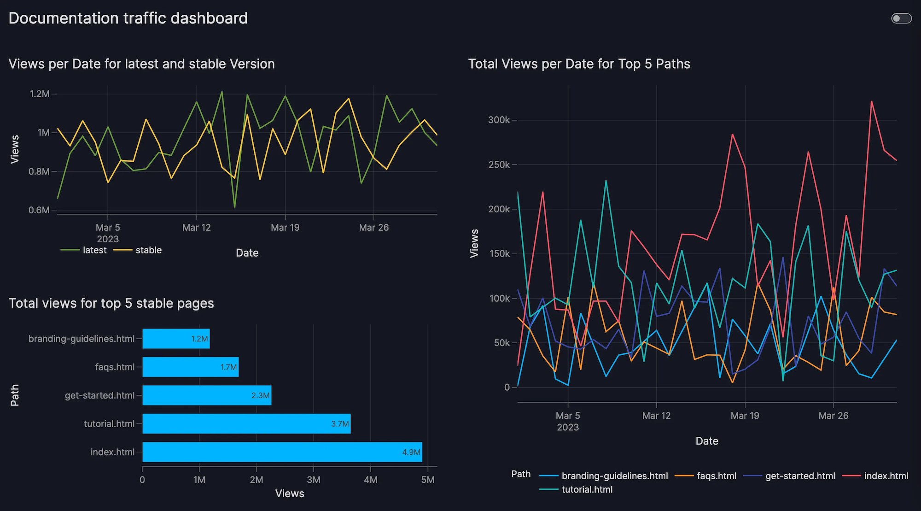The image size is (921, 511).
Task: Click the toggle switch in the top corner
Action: click(901, 18)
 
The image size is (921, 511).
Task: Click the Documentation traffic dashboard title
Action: click(128, 18)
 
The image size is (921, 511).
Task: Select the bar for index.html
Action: click(282, 452)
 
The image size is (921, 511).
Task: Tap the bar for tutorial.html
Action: click(246, 423)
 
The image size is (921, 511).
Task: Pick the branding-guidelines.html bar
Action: click(176, 339)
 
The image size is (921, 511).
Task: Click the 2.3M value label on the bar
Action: click(260, 395)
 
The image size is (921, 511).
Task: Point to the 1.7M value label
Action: click(228, 367)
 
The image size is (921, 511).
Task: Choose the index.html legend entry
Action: click(886, 476)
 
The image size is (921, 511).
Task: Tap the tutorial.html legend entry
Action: click(587, 490)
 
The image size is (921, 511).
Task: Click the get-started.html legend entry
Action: click(800, 476)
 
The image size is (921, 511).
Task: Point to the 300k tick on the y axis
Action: click(499, 120)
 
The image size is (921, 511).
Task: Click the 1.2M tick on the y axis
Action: click(40, 94)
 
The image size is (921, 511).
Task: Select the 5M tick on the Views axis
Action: click(427, 480)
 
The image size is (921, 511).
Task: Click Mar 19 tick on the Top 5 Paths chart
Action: click(745, 416)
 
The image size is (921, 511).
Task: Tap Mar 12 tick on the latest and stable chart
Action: click(197, 228)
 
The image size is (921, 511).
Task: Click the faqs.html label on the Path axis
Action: click(115, 367)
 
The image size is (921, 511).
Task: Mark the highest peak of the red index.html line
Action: click(871, 101)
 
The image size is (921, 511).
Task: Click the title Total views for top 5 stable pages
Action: click(111, 303)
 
